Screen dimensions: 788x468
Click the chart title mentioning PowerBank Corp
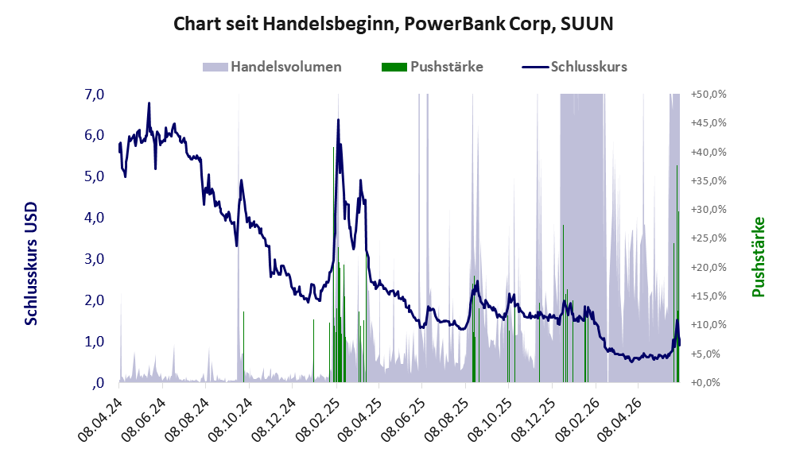click(x=393, y=24)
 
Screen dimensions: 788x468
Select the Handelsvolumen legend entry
click(x=272, y=67)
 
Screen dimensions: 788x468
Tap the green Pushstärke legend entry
click(x=433, y=67)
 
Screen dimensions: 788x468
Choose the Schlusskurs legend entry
click(x=574, y=67)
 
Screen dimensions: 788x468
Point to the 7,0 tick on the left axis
click(x=95, y=94)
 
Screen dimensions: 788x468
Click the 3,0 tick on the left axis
click(x=95, y=258)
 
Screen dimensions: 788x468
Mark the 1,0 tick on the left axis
click(x=95, y=342)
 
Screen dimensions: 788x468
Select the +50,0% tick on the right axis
click(x=708, y=95)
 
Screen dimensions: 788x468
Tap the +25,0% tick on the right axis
click(x=708, y=238)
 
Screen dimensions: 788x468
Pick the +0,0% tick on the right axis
click(x=705, y=383)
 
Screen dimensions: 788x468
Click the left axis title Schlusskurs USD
click(x=31, y=264)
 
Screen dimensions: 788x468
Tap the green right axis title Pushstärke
click(x=758, y=257)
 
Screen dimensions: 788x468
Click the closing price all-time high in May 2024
click(x=149, y=103)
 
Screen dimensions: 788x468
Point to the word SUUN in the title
click(x=587, y=24)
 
